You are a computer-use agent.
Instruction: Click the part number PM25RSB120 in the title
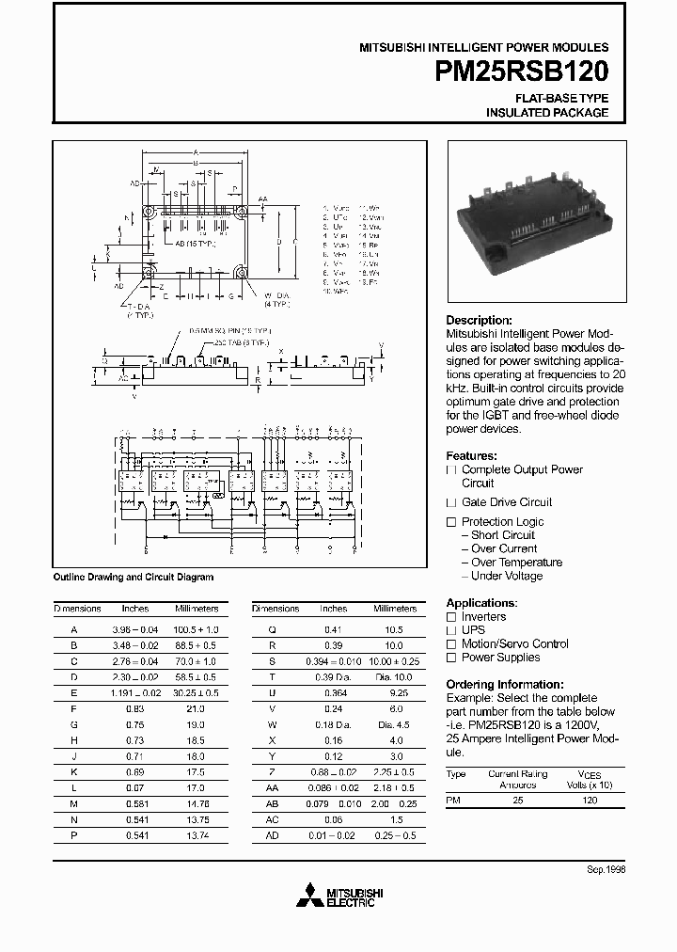click(x=522, y=72)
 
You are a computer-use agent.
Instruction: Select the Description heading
click(x=479, y=320)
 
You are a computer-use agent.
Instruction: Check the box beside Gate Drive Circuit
click(x=451, y=502)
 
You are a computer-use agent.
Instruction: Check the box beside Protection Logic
click(x=451, y=522)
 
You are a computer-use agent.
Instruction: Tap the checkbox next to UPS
click(x=451, y=630)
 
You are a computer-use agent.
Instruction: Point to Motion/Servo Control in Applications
click(x=514, y=643)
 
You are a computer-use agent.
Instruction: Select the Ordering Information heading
click(x=505, y=684)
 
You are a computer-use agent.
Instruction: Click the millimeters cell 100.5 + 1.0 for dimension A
click(x=197, y=629)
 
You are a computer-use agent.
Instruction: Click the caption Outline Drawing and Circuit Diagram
click(x=133, y=577)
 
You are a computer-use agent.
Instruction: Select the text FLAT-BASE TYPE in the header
click(x=562, y=98)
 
